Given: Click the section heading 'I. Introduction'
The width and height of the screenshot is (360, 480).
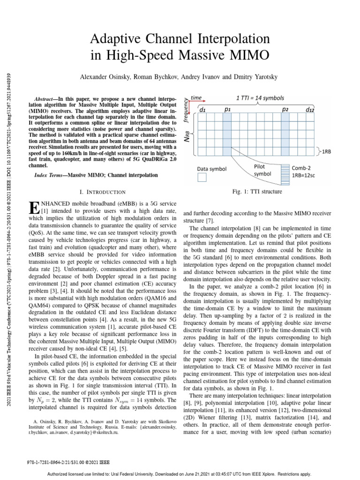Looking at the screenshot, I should pos(104,192).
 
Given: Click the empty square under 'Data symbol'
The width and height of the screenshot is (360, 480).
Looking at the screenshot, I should pos(202,177).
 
